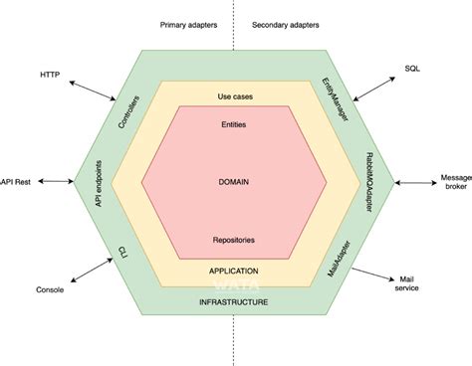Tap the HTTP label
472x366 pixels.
click(x=50, y=75)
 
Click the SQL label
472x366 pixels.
click(x=412, y=71)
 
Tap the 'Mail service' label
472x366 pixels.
click(x=408, y=283)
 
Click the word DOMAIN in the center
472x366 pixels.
click(x=234, y=182)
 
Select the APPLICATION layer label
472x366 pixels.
click(x=234, y=270)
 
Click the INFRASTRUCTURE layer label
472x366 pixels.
click(x=234, y=301)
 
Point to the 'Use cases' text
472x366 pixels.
click(x=234, y=96)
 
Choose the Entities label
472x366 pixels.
click(x=234, y=124)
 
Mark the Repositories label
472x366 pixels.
click(x=234, y=240)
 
